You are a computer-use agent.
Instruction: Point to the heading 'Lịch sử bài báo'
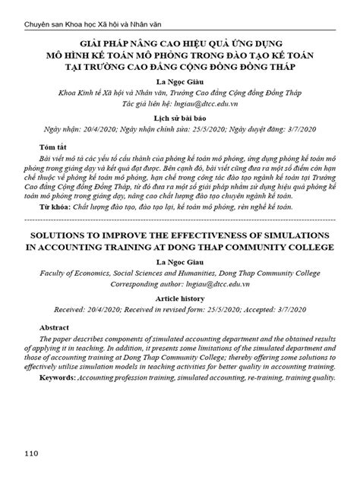pos(180,120)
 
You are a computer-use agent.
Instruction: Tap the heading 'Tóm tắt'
pos(53,147)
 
